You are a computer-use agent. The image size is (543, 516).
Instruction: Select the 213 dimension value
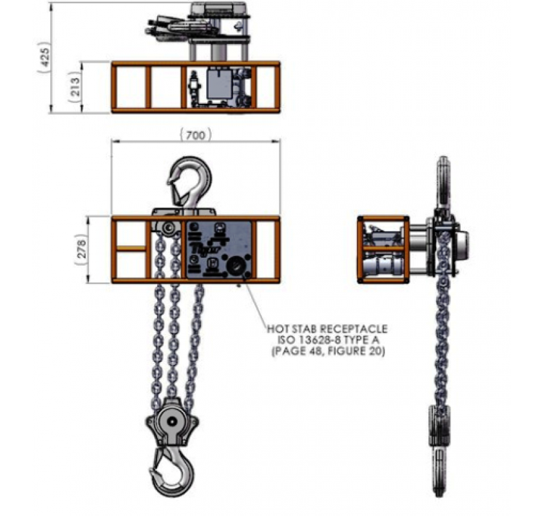point(75,88)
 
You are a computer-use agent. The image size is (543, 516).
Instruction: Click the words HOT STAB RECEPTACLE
point(327,330)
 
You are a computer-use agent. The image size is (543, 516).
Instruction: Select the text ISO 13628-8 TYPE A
point(327,340)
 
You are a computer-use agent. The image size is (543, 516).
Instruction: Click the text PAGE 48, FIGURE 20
point(327,351)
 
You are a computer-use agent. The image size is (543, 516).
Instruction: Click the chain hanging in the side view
point(442,322)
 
